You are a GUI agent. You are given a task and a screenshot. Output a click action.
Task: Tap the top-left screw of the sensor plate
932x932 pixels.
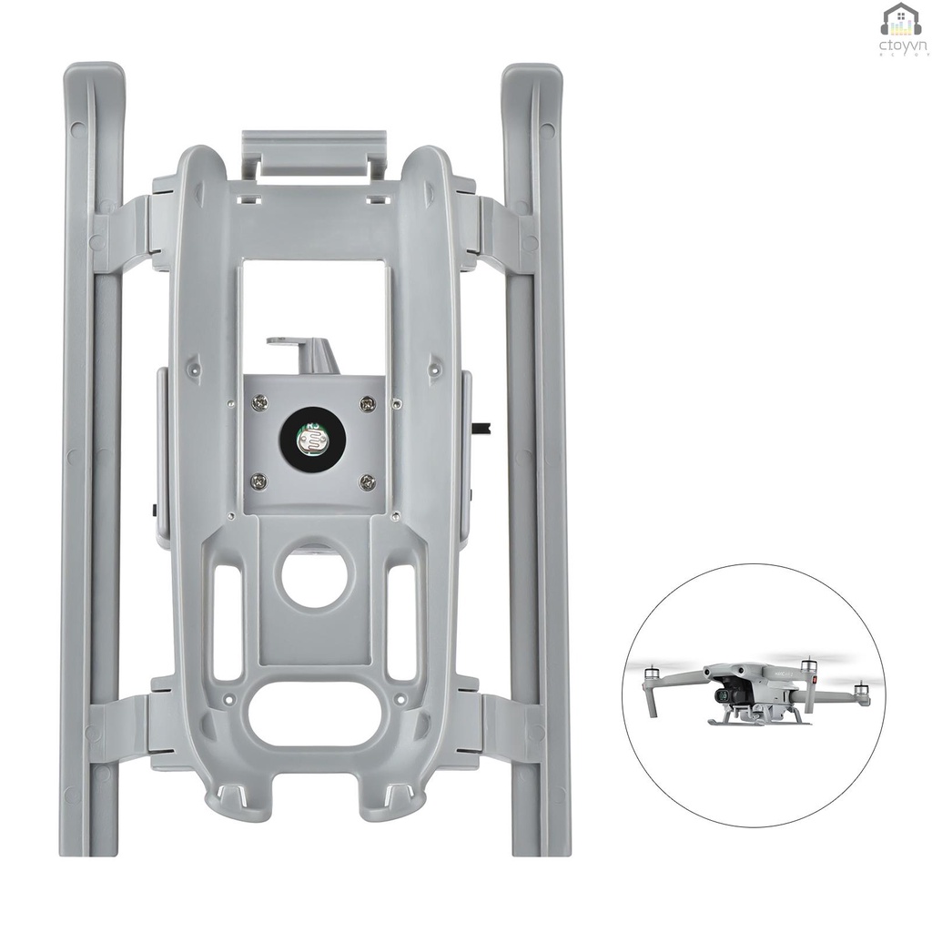pos(259,400)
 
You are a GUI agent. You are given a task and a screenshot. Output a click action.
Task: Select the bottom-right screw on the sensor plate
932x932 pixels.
pos(367,481)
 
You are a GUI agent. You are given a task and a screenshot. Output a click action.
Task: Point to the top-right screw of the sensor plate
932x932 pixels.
pos(367,402)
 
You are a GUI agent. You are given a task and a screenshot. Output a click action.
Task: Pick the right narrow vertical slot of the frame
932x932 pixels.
pos(401,623)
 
